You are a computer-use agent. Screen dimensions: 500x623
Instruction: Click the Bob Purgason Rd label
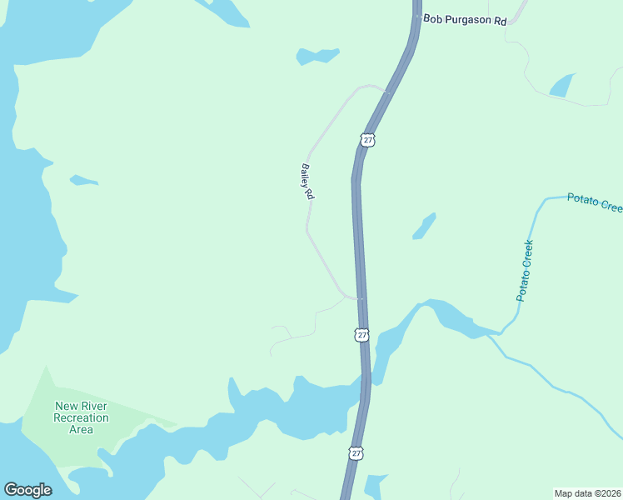point(465,18)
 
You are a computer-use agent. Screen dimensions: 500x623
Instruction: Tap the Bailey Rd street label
point(307,181)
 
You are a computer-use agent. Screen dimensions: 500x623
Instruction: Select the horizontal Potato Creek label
point(594,201)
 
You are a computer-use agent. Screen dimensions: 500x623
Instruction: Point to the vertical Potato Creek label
point(524,270)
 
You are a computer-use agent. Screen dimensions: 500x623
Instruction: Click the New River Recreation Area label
point(82,417)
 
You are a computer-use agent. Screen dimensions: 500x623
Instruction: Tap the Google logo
point(27,490)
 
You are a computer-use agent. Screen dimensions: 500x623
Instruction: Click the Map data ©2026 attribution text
point(587,492)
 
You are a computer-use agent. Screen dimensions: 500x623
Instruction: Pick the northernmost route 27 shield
point(368,139)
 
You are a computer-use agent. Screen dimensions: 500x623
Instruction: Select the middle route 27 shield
point(361,334)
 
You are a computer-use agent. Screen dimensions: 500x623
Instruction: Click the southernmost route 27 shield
point(356,452)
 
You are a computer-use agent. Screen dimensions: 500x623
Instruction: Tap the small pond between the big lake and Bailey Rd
point(83,180)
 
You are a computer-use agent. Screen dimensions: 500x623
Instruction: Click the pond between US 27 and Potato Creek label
point(424,227)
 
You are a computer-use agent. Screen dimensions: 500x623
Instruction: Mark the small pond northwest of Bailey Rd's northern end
point(317,57)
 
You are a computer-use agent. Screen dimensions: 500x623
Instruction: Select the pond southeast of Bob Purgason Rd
point(561,86)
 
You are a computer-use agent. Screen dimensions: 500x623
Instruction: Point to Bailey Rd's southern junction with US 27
point(359,298)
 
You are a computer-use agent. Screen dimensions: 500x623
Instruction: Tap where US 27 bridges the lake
point(365,385)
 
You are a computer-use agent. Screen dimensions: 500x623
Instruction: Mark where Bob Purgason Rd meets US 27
point(416,17)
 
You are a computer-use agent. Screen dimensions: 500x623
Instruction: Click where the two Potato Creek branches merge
point(501,334)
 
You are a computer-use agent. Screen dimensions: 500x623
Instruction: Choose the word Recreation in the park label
point(82,417)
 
